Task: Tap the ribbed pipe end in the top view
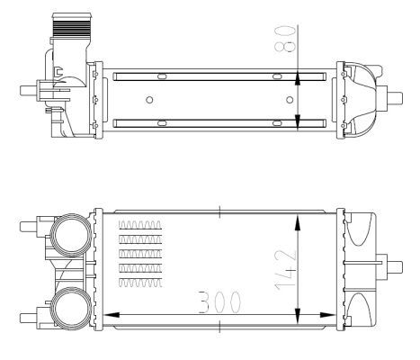click(x=73, y=27)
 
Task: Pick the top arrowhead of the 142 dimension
click(x=299, y=219)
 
